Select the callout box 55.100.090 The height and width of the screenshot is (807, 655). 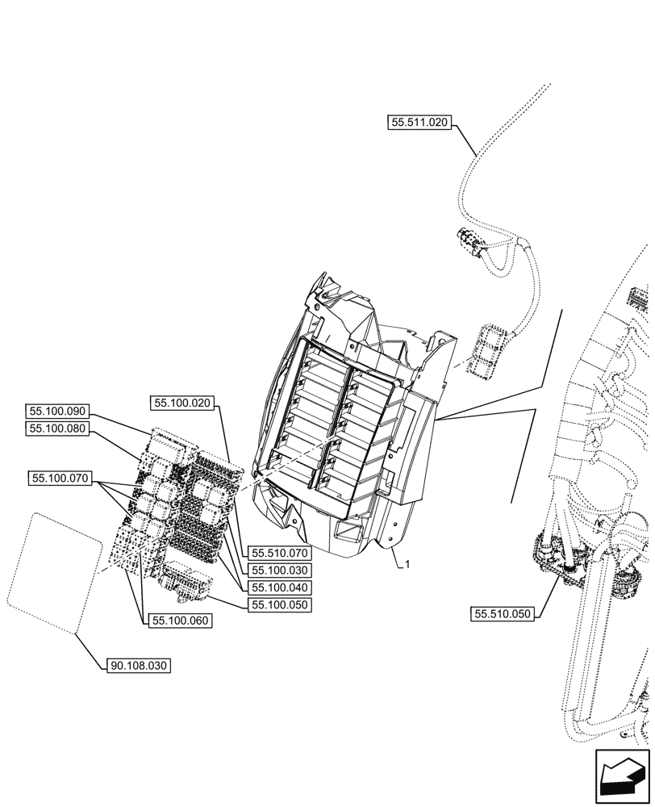tap(60, 411)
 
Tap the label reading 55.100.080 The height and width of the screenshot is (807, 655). tap(60, 429)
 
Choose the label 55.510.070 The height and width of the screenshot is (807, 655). tap(280, 554)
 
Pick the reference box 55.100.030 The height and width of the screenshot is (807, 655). tap(280, 571)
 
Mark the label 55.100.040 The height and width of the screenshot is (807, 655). tap(280, 587)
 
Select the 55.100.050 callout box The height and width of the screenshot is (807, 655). tap(280, 604)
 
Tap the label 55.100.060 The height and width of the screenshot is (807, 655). tap(176, 621)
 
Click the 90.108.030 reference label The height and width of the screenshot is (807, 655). tap(139, 667)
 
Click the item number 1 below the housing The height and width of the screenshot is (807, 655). tap(407, 565)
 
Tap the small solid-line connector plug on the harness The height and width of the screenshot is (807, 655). tap(469, 240)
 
